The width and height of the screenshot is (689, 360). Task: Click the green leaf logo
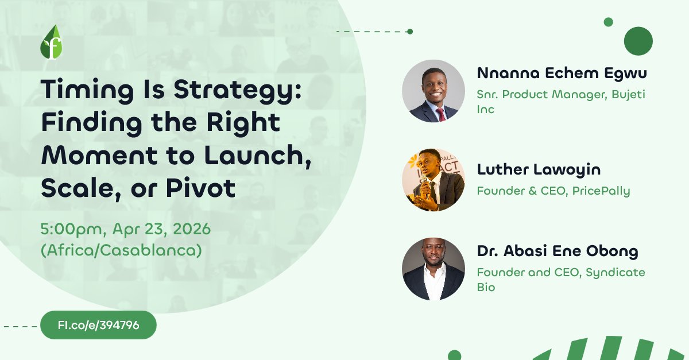[x=51, y=43]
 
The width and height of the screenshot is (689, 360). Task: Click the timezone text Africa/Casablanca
[x=121, y=251]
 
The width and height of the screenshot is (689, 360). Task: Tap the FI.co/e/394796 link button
[x=98, y=325]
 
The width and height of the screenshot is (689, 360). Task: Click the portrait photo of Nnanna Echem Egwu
[x=433, y=91]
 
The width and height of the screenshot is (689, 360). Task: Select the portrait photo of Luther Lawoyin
[x=433, y=180]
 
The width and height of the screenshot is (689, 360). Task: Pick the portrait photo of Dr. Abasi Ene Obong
[x=433, y=269]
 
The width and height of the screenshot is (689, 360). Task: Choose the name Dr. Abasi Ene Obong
[x=558, y=251]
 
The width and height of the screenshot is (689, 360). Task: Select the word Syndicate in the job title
[x=616, y=272]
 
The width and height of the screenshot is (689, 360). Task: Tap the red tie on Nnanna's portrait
[x=440, y=114]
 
